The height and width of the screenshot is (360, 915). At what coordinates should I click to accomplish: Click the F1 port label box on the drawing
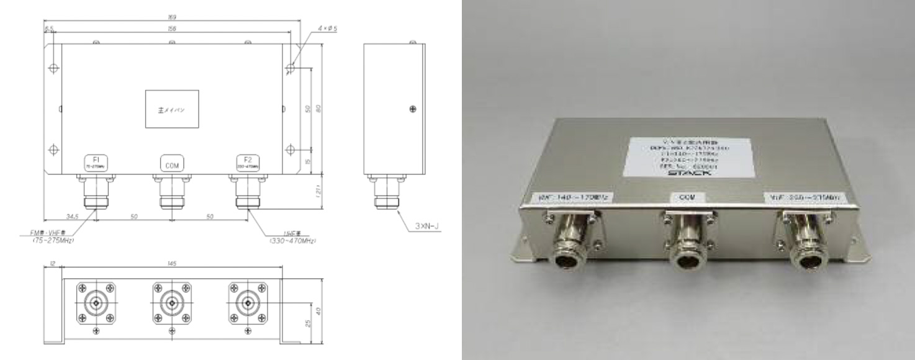click(x=96, y=164)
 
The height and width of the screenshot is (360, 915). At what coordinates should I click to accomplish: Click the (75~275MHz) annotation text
click(x=53, y=240)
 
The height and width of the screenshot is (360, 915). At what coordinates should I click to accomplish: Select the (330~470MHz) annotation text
click(x=291, y=240)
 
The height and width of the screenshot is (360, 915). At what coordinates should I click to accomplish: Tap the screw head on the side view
click(x=413, y=110)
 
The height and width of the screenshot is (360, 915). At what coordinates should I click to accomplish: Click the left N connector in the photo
click(x=568, y=245)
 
